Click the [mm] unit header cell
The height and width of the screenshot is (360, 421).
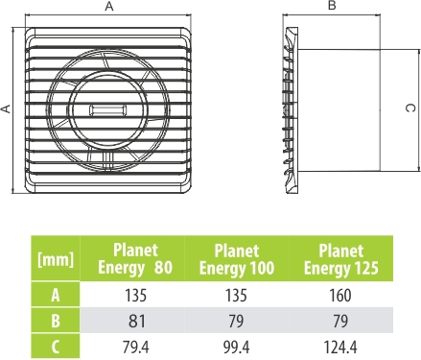(56, 258)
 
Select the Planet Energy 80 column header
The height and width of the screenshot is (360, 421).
(135, 258)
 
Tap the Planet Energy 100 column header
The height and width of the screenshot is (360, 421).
(237, 258)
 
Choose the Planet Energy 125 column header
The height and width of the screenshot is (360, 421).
(341, 258)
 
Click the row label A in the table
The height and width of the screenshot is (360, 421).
(56, 295)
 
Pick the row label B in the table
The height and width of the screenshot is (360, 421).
(56, 321)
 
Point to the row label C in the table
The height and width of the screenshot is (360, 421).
(56, 347)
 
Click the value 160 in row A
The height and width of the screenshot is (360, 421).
(340, 295)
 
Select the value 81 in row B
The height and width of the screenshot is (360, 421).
(136, 321)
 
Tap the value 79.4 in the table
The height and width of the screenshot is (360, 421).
(136, 347)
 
